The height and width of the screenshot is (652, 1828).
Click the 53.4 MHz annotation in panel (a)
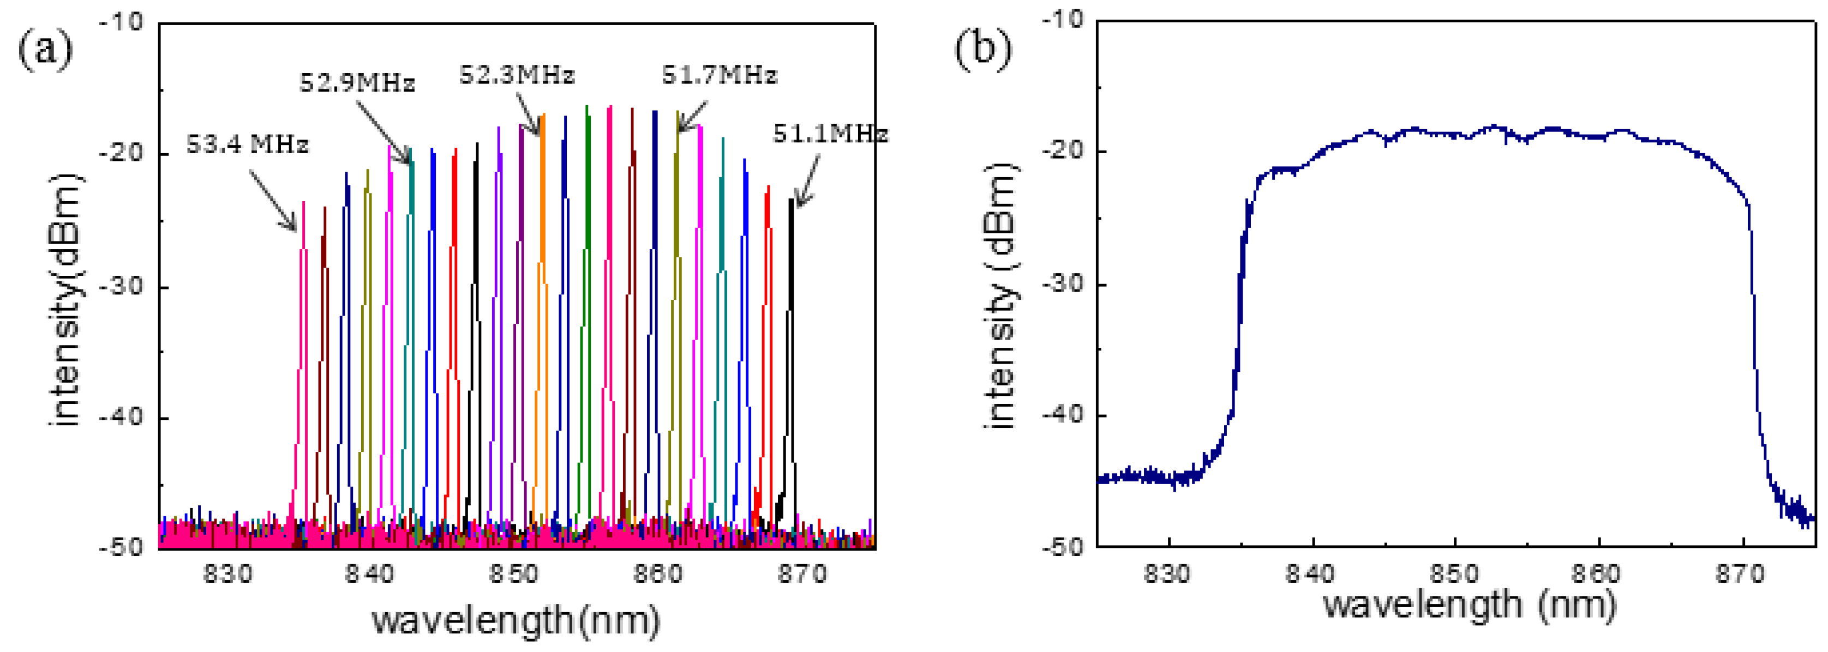(247, 144)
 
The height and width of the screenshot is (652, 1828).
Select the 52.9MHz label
(356, 84)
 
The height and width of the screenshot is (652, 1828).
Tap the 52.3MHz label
(516, 75)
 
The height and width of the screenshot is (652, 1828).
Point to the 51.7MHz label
(719, 75)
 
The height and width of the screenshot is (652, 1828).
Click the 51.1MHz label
(830, 134)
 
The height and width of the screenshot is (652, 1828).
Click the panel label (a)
(45, 51)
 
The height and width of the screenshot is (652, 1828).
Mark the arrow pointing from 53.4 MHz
(273, 200)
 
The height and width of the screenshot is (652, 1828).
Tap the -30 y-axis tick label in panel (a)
(123, 287)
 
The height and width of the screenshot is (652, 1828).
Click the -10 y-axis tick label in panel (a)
(123, 23)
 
